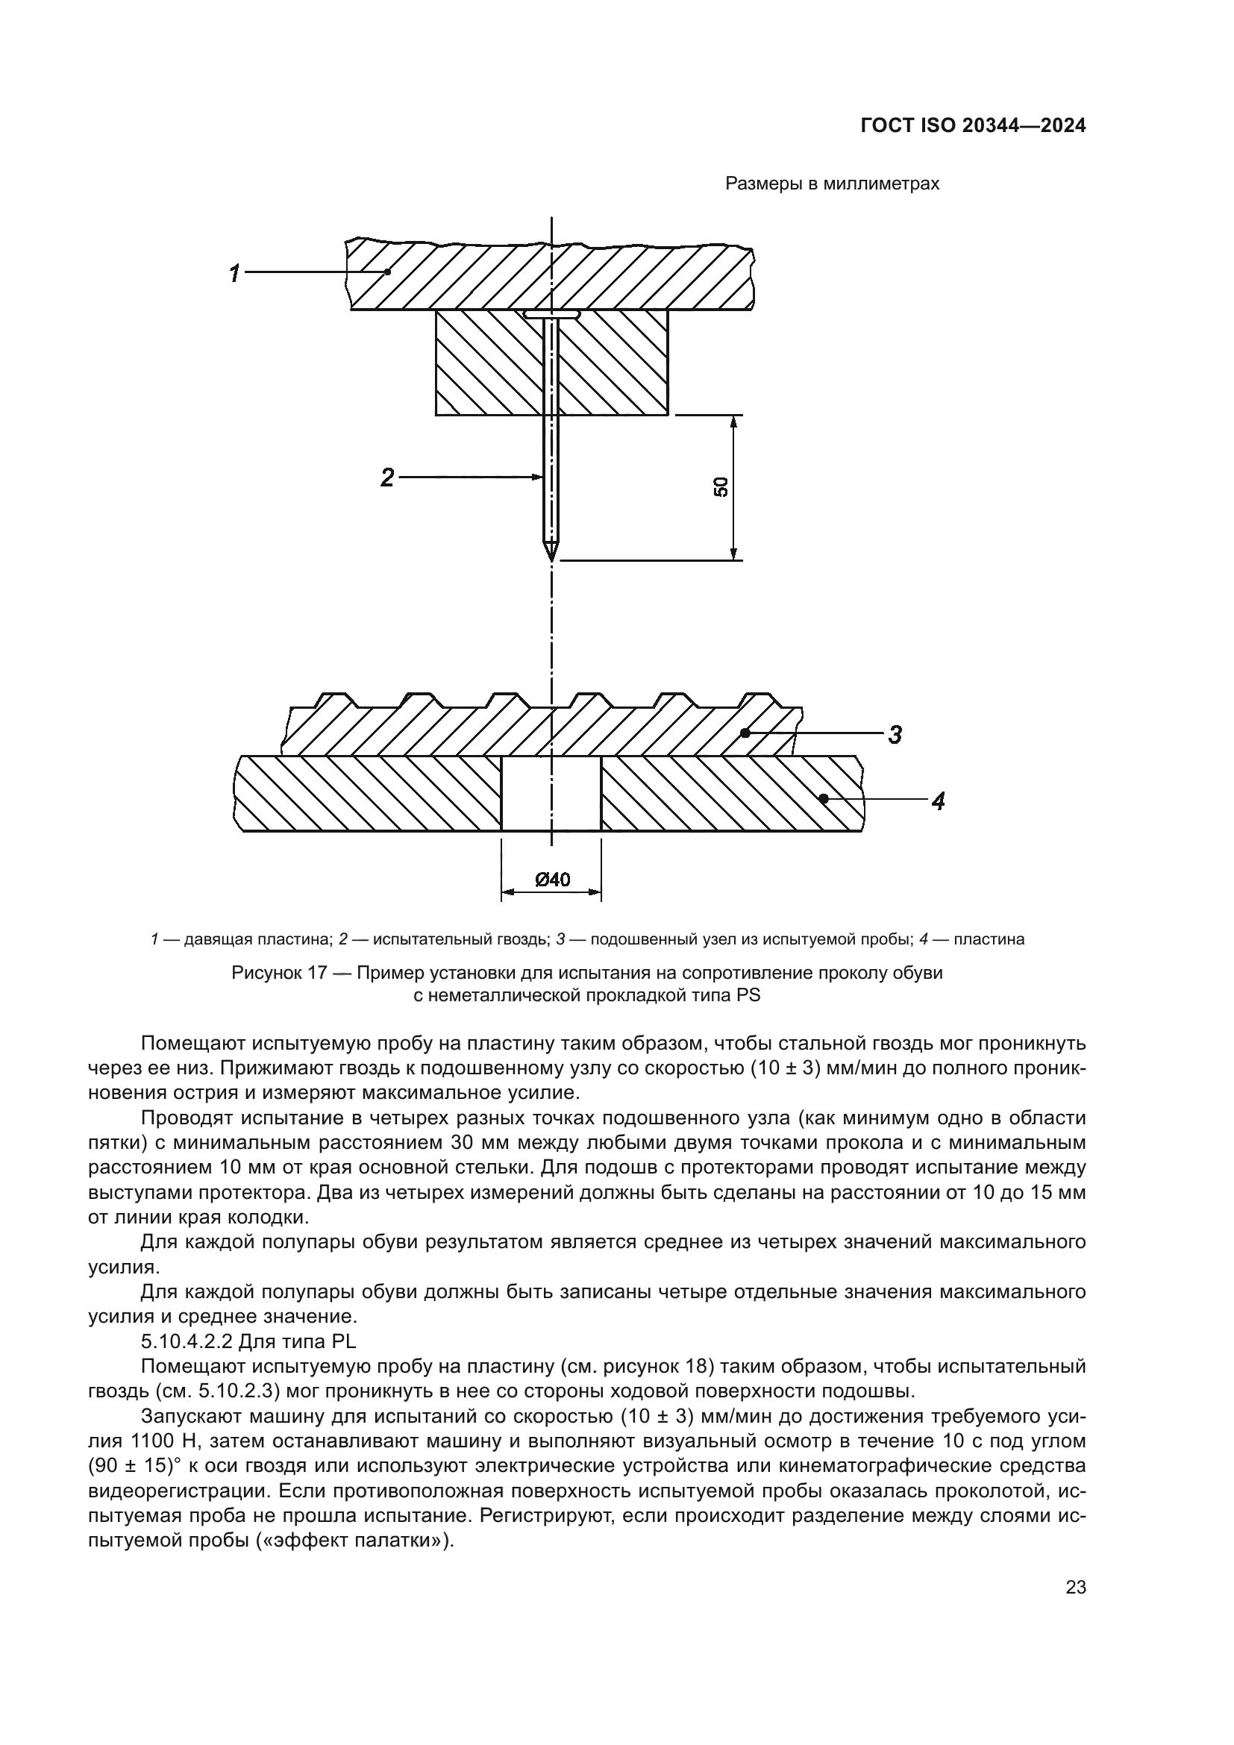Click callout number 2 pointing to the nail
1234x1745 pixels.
coord(387,478)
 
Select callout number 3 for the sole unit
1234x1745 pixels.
coord(895,735)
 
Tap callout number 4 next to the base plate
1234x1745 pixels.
coord(939,801)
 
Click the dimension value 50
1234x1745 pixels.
coord(721,486)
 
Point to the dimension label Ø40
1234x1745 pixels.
coord(552,880)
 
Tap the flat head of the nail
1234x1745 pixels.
coord(551,313)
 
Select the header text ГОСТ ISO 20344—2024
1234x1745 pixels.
coord(973,126)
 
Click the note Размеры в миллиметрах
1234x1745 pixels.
coord(832,184)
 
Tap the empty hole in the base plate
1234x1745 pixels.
coord(551,794)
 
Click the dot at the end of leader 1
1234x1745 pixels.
coord(387,272)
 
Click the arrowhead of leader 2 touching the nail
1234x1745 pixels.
coord(538,477)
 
